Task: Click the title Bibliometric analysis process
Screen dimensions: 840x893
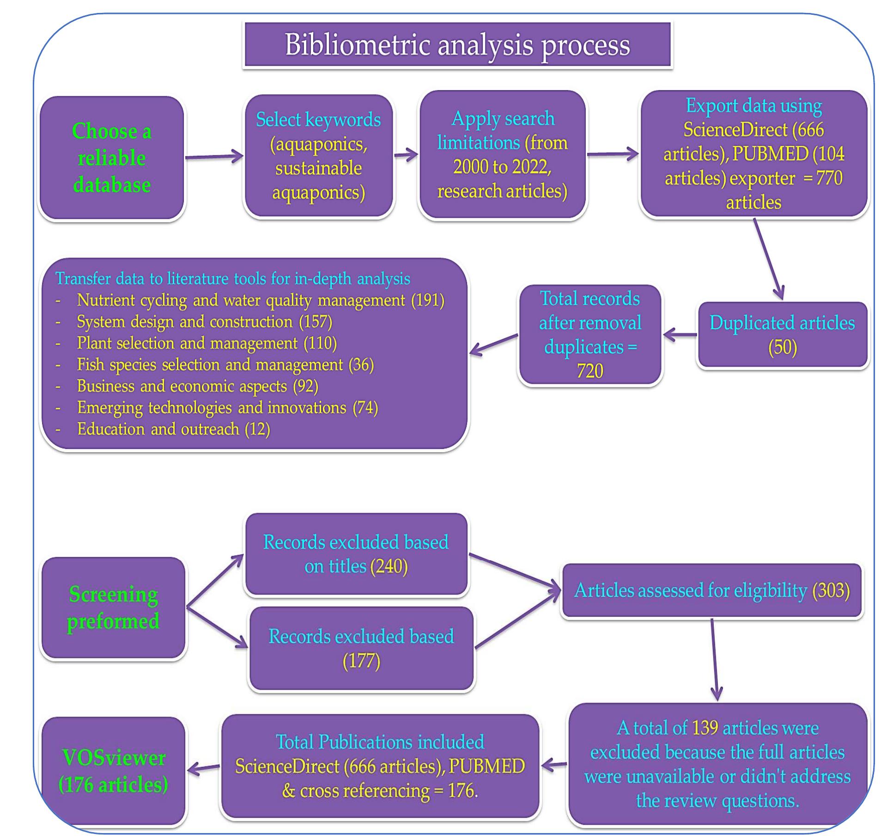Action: [x=457, y=45]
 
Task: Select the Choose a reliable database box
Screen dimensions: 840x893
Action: [x=112, y=158]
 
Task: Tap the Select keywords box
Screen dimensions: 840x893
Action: [x=318, y=156]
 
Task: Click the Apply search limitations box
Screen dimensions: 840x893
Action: [x=502, y=154]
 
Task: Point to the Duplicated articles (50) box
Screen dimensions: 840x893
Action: [x=782, y=335]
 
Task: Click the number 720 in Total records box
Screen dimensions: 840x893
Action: [x=589, y=371]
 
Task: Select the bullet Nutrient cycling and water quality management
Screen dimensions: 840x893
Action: [x=260, y=300]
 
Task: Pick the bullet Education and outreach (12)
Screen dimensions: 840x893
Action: [x=173, y=429]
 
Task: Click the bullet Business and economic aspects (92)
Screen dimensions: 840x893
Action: [x=197, y=386]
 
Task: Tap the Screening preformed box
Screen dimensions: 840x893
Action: [x=113, y=607]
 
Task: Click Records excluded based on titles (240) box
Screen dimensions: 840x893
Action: [x=356, y=554]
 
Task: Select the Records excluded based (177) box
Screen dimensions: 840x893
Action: [x=361, y=648]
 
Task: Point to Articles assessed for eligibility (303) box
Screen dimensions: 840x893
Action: [x=711, y=590]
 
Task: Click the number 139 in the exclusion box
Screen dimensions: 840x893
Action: [x=705, y=728]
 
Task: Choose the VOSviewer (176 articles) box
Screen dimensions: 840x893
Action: [x=113, y=771]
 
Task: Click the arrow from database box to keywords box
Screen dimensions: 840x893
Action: [x=214, y=157]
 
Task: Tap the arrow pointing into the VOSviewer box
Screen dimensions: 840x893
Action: [x=203, y=768]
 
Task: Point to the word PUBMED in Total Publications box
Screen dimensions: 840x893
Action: [x=486, y=766]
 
